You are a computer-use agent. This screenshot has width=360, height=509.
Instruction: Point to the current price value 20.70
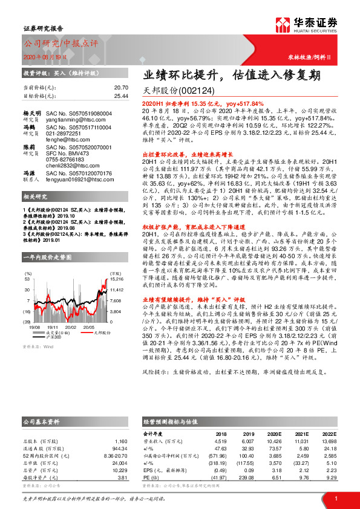(121, 88)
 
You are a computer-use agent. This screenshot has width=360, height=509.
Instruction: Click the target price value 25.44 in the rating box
(121, 96)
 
